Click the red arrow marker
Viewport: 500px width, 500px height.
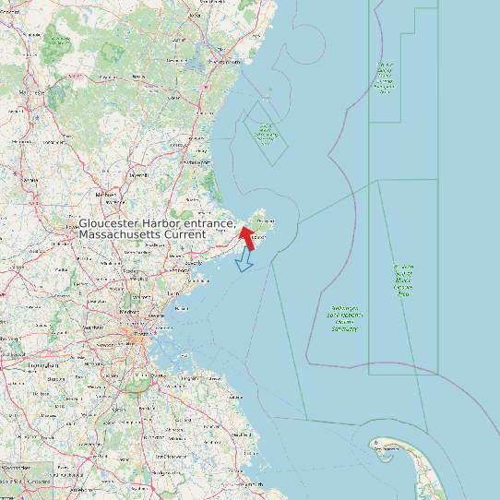246,238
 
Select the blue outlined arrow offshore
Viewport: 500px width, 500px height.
244,262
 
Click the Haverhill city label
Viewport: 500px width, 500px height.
139,173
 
